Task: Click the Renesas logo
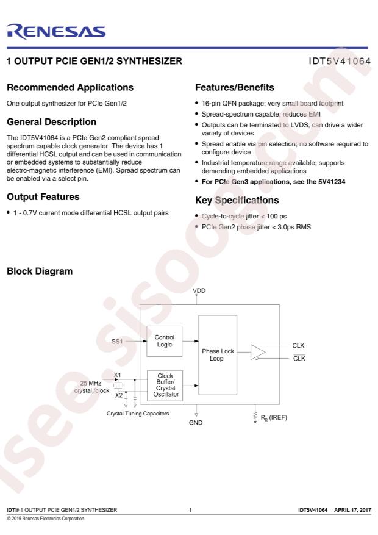(x=56, y=31)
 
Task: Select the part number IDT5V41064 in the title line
(x=340, y=61)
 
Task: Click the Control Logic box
(x=164, y=341)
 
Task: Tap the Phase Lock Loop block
(x=218, y=355)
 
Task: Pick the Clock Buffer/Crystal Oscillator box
(x=165, y=385)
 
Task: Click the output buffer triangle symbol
(x=258, y=352)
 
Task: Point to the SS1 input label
(x=117, y=341)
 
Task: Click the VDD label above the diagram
(x=199, y=290)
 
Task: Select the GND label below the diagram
(x=196, y=422)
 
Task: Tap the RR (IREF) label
(x=274, y=418)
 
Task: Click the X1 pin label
(x=117, y=375)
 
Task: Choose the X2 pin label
(x=119, y=395)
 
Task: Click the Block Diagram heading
(x=40, y=271)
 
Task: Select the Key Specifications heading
(x=237, y=200)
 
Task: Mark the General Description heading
(x=51, y=122)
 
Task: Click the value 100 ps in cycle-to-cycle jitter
(x=276, y=217)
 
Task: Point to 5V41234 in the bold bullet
(x=332, y=182)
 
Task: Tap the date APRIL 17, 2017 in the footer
(x=352, y=510)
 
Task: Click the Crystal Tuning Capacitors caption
(x=138, y=414)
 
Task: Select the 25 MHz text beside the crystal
(x=91, y=383)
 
